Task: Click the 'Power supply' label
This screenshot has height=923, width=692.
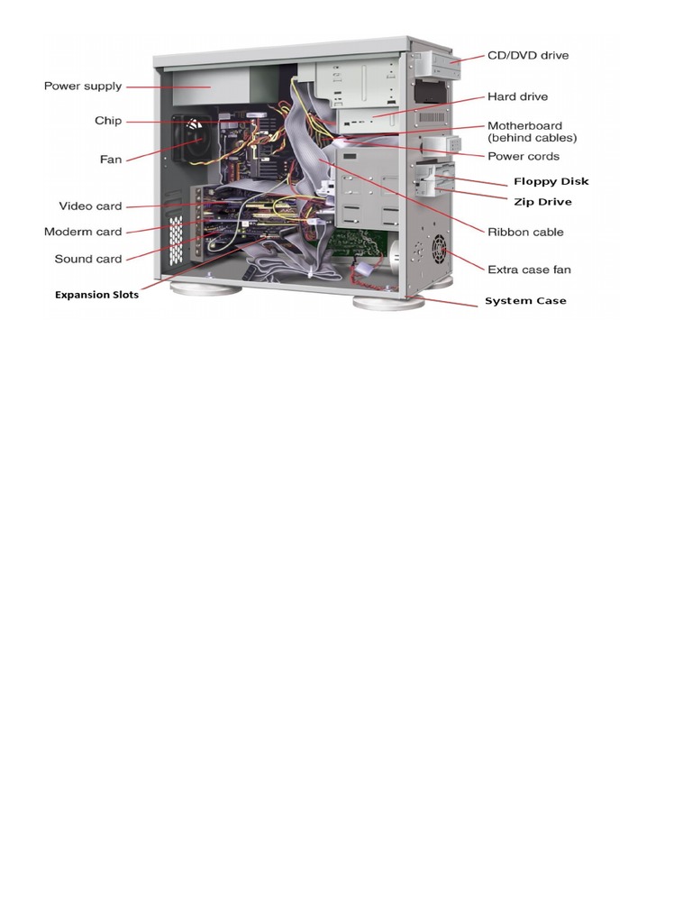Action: (x=83, y=87)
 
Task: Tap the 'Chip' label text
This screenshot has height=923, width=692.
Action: (x=108, y=121)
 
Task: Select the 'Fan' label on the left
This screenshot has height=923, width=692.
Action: (x=110, y=160)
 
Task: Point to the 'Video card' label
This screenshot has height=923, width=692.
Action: (x=90, y=206)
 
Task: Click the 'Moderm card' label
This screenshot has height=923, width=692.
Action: (x=83, y=233)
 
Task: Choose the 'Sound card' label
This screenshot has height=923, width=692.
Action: (x=87, y=259)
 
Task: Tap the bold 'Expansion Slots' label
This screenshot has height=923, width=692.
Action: (x=96, y=295)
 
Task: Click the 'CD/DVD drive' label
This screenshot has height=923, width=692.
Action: (x=528, y=56)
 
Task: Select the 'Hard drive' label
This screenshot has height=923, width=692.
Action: (x=517, y=96)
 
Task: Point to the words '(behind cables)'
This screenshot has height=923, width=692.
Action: (x=532, y=139)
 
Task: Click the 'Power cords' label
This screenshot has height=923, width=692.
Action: (x=524, y=157)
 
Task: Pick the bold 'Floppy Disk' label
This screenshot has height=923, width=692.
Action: (x=551, y=182)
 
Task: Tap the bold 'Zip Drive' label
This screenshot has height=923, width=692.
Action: (x=542, y=202)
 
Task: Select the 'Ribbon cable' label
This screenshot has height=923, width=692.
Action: (x=525, y=232)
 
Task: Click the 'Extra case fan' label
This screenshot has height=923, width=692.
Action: (x=529, y=270)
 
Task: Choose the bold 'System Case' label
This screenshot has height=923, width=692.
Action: (x=525, y=301)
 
